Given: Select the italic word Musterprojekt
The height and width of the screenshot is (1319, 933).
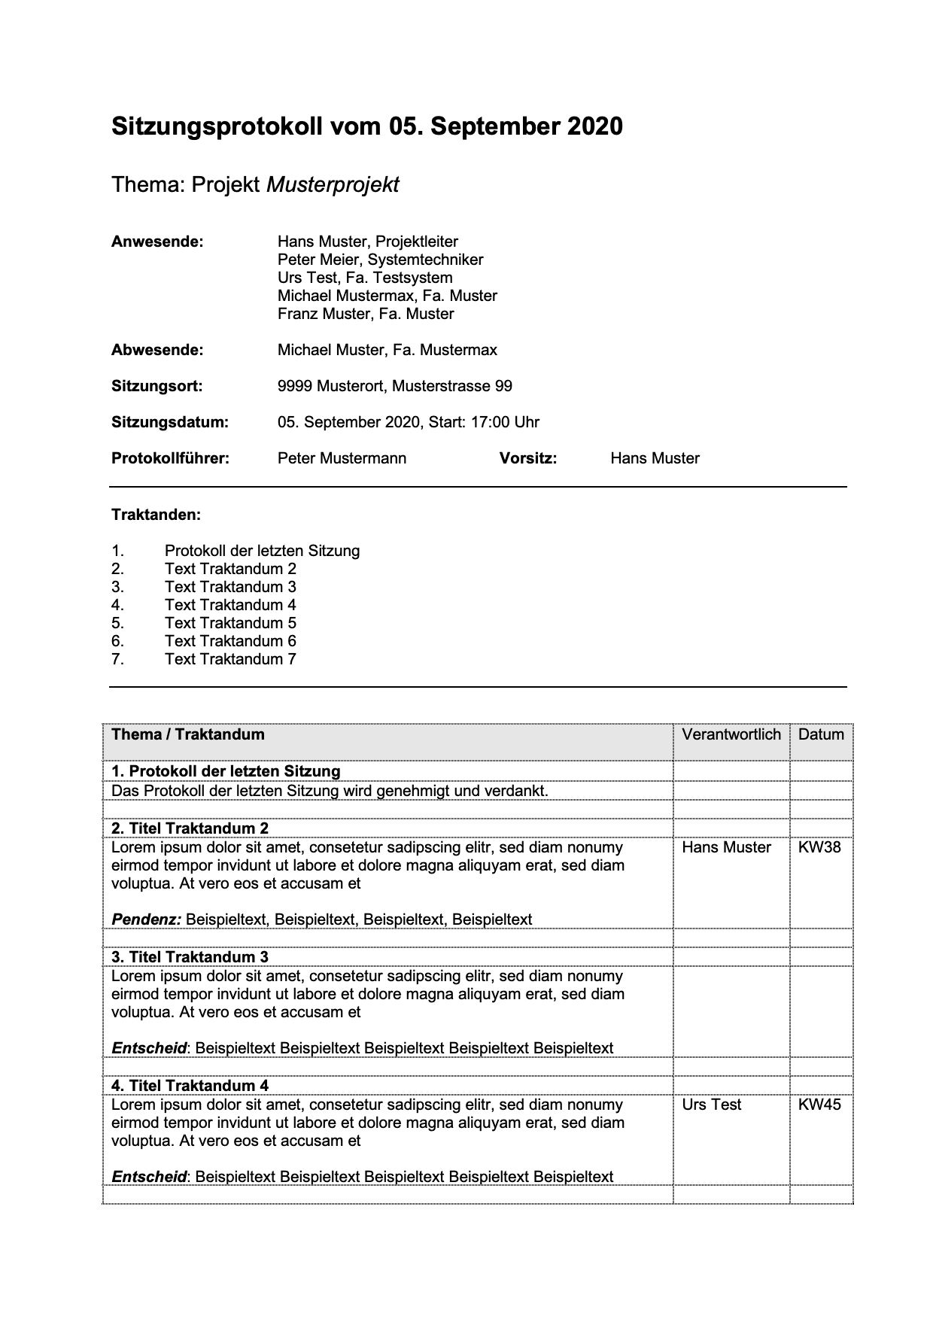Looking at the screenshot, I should click(x=333, y=185).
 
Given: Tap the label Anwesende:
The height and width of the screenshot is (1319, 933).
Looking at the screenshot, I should click(x=157, y=242).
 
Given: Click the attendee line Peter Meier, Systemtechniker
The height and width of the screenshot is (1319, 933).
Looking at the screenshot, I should click(x=380, y=260).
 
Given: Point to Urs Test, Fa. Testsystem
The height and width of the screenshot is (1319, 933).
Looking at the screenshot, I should click(x=365, y=278).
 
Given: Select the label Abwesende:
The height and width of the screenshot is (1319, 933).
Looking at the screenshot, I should click(x=157, y=350).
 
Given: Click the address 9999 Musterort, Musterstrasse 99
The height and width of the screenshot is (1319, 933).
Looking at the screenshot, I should click(x=394, y=386).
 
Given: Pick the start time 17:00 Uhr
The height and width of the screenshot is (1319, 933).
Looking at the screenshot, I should click(x=505, y=422).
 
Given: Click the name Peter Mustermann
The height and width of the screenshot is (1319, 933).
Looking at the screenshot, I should click(x=342, y=458).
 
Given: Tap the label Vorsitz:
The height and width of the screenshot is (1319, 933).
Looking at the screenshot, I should click(x=527, y=458).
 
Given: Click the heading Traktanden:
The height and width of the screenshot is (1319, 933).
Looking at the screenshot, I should click(x=156, y=515).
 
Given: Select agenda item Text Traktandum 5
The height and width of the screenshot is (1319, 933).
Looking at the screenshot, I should click(x=230, y=623).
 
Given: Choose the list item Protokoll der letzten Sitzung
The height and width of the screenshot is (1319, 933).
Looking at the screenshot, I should click(x=262, y=551).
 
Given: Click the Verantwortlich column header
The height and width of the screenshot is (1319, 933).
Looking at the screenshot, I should click(x=731, y=734).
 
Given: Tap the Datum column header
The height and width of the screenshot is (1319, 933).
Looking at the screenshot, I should click(x=821, y=734).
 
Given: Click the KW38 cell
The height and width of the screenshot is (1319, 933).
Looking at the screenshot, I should click(x=819, y=847).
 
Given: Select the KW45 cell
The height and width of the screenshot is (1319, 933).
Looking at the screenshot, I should click(x=819, y=1105).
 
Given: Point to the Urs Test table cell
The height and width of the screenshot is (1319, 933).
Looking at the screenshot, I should click(x=711, y=1105).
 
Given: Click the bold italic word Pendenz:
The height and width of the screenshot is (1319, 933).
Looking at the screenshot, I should click(x=147, y=919).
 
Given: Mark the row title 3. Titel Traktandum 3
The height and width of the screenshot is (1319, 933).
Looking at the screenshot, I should click(x=190, y=957).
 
